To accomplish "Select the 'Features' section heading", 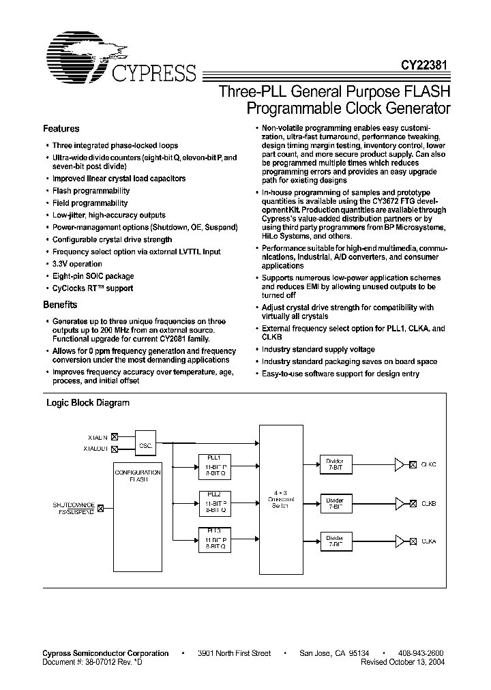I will pyautogui.click(x=61, y=129).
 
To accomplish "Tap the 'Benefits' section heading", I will pyautogui.click(x=60, y=305).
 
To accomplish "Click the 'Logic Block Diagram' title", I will pyautogui.click(x=87, y=403).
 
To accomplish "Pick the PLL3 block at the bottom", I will pyautogui.click(x=213, y=539).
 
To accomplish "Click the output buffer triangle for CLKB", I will pyautogui.click(x=399, y=503).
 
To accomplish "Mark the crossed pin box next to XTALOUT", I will pyautogui.click(x=114, y=449).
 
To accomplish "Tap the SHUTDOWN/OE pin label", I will pyautogui.click(x=74, y=505).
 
